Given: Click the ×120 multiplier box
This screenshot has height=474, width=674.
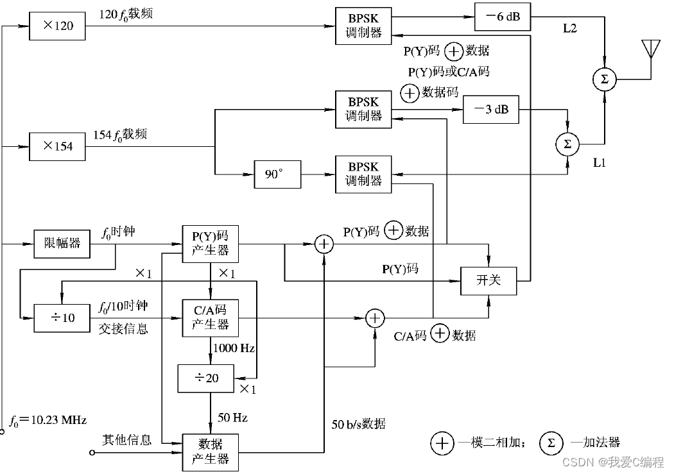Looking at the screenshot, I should click(x=56, y=26).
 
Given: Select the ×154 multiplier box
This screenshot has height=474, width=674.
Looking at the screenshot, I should click(x=56, y=146).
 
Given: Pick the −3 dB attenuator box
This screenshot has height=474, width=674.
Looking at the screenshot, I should click(x=490, y=108).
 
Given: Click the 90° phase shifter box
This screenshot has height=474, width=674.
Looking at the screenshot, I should click(x=277, y=174).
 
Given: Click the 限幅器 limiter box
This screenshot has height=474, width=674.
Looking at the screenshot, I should click(x=62, y=243).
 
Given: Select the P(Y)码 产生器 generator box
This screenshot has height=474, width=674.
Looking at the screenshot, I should click(x=211, y=243).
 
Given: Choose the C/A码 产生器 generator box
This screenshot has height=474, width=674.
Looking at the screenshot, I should click(x=211, y=317).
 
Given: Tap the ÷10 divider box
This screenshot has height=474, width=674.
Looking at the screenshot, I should click(x=62, y=317).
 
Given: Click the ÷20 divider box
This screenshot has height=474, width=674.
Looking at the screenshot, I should click(x=206, y=378).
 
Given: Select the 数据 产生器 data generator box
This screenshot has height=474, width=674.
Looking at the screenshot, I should click(x=211, y=452).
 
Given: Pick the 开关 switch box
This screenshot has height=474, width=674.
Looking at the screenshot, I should click(x=488, y=281).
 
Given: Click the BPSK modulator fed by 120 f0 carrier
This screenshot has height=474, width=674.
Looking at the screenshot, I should click(x=363, y=26).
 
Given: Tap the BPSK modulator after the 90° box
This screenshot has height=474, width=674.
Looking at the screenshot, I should click(x=363, y=174).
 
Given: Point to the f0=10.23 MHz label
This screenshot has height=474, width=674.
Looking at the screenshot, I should click(x=48, y=420).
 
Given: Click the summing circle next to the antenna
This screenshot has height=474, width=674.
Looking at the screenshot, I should click(x=603, y=80).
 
